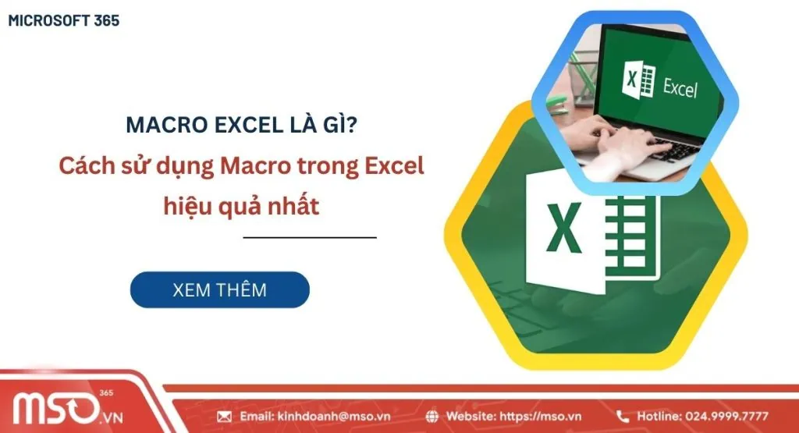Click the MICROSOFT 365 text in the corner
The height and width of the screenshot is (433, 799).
[x=64, y=21]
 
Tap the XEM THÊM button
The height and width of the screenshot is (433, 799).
[x=219, y=290]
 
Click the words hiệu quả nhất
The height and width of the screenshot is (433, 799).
[x=242, y=207]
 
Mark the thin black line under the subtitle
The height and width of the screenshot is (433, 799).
[x=310, y=237]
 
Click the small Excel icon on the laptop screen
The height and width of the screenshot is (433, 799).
[x=638, y=81]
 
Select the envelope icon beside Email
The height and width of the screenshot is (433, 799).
[x=225, y=417]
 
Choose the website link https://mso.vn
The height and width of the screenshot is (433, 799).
[x=543, y=417]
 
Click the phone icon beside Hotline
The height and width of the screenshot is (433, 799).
[x=623, y=417]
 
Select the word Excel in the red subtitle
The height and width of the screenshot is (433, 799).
[x=395, y=167]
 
